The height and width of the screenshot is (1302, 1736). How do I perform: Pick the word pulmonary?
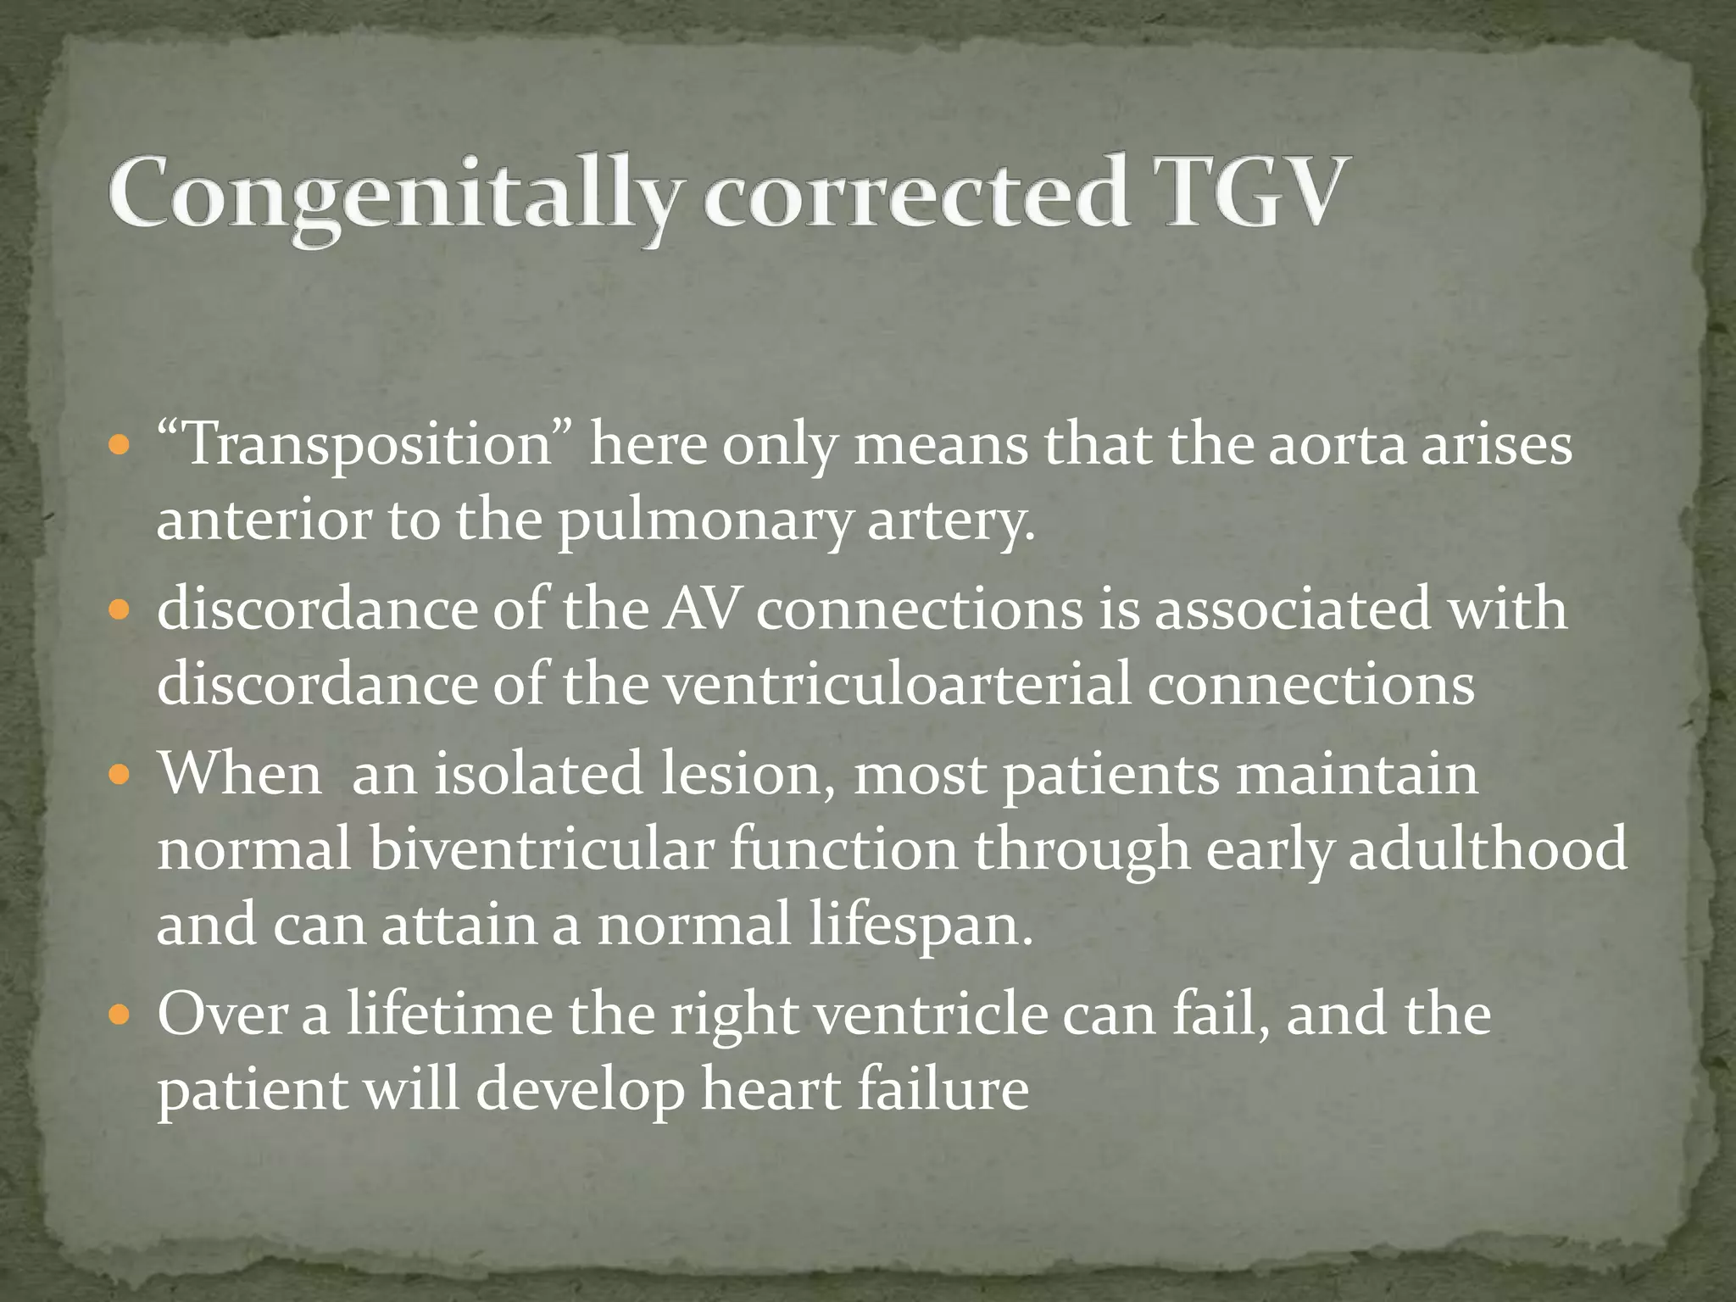tap(704, 520)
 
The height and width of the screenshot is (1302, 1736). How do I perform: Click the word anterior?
tap(264, 520)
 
